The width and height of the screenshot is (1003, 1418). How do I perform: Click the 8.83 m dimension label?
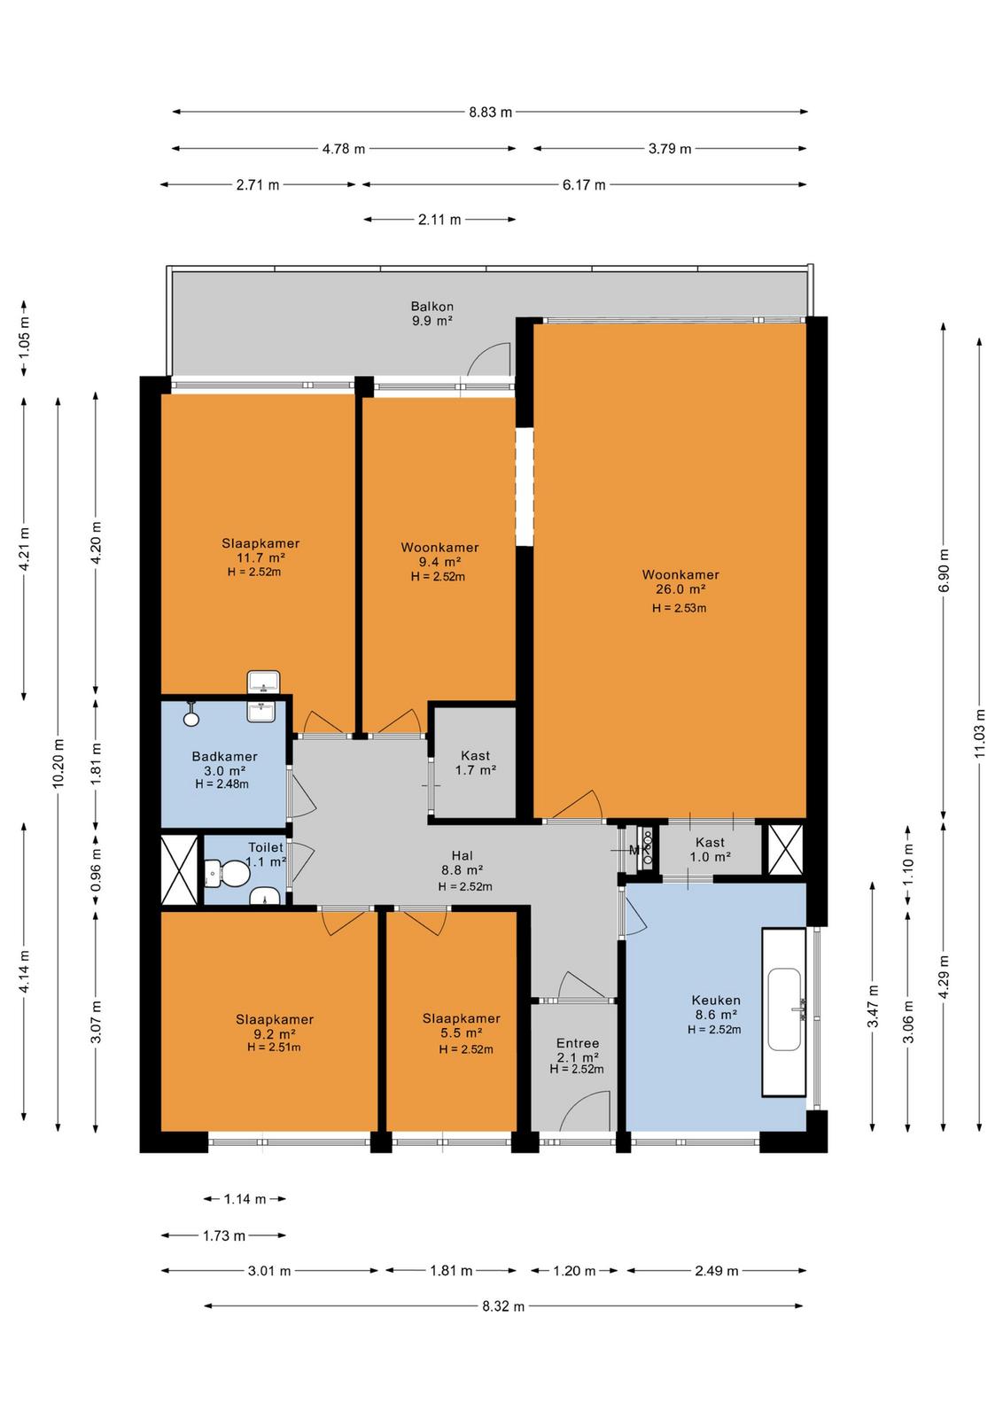point(491,112)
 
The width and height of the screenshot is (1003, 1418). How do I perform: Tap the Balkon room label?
point(432,307)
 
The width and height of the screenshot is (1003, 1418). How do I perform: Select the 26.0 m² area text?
point(680,589)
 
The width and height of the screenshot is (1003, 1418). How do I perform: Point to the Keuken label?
point(716,1001)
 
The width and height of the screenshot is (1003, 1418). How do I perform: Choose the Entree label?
point(577,1043)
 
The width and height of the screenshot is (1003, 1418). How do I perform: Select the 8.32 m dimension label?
point(503,1306)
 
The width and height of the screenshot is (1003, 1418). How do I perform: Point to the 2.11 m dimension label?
point(439,220)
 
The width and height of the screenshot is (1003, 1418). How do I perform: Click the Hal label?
point(463,856)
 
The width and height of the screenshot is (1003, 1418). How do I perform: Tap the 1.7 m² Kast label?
point(475,770)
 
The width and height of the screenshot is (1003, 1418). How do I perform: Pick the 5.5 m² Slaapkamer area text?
point(462,1033)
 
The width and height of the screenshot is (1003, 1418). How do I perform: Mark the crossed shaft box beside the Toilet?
point(179,869)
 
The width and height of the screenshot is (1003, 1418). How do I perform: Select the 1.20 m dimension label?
point(574,1271)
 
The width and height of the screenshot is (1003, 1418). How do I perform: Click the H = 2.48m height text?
point(222,784)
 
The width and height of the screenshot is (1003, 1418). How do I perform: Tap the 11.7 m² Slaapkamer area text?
point(260,557)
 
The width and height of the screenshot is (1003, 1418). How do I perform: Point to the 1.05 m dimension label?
point(24,336)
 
